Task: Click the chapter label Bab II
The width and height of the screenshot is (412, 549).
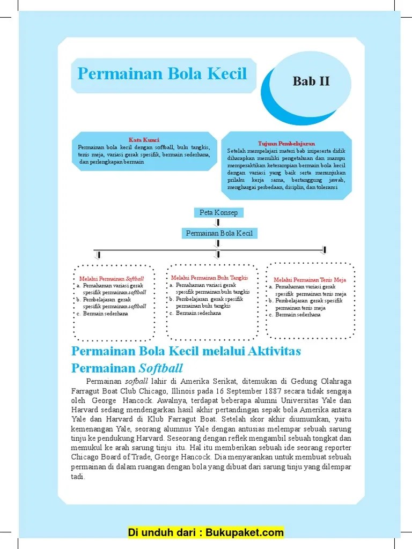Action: point(311,81)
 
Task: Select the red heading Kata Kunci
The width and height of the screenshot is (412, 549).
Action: point(143,140)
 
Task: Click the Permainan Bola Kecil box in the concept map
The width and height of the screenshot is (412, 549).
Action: point(218,233)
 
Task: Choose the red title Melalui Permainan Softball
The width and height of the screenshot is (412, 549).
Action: point(112,279)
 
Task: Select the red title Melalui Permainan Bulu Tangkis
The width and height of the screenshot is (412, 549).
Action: point(209,278)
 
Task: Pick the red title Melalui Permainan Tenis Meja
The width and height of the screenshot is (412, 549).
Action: point(310,280)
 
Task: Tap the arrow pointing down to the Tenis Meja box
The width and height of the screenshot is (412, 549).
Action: point(323,250)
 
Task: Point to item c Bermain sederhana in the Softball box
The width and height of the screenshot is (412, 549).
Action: point(106,314)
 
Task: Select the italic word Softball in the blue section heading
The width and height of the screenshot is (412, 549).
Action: point(161,368)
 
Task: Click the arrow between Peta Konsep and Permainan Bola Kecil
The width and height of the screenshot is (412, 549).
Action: point(218,222)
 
